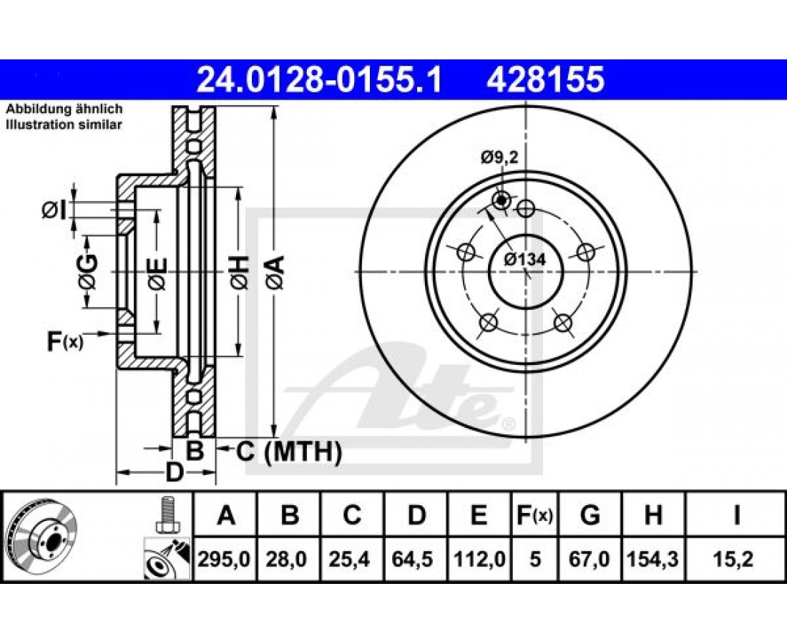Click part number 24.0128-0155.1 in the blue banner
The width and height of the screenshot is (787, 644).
(319, 80)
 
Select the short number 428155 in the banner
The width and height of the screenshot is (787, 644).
(545, 80)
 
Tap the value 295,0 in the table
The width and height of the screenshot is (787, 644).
(224, 559)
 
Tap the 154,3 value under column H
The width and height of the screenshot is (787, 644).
(652, 559)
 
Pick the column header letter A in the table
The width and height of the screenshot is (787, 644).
(226, 515)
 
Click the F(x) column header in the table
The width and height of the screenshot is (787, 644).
(534, 515)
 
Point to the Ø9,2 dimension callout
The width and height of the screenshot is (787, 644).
(499, 158)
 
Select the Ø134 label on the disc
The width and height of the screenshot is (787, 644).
(525, 259)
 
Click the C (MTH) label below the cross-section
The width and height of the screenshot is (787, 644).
(288, 452)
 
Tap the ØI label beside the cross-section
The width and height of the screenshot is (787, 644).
(54, 210)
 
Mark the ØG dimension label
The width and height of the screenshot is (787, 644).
(87, 272)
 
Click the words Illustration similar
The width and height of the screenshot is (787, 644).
(64, 125)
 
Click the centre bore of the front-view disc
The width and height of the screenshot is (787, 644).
(526, 272)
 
